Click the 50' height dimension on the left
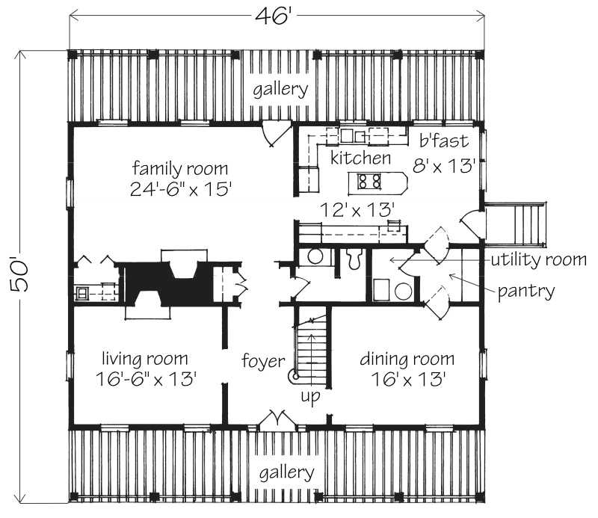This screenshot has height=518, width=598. tap(19, 275)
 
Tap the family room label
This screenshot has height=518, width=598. tap(180, 169)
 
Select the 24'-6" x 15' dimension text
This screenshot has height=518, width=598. tap(181, 189)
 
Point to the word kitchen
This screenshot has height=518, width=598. tap(360, 158)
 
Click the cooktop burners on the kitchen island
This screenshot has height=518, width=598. tap(369, 181)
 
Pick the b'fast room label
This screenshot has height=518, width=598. tap(443, 141)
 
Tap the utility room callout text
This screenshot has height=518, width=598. tap(538, 260)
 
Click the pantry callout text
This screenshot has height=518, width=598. tap(526, 292)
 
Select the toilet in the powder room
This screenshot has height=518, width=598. tap(354, 259)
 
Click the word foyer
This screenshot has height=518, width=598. tap(263, 360)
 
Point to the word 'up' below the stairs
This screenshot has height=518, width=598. tap(310, 396)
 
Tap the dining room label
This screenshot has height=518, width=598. tap(407, 359)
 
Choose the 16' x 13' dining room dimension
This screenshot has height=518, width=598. tap(408, 379)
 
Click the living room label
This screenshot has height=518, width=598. tap(145, 359)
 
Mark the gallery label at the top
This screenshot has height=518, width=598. tap(280, 90)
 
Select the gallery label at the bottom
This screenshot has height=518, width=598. tap(287, 473)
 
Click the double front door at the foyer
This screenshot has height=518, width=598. tap(277, 421)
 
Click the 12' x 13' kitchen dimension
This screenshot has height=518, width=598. tap(357, 210)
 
